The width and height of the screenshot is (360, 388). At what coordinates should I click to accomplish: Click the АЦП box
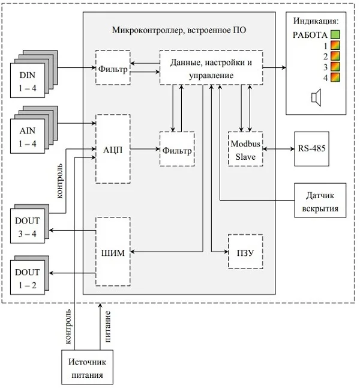(x=113, y=149)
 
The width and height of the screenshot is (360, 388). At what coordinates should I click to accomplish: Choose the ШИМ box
(x=113, y=253)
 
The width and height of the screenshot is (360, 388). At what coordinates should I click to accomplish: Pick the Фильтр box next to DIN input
(x=112, y=68)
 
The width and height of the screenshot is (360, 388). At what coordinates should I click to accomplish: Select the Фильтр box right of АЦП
(x=176, y=150)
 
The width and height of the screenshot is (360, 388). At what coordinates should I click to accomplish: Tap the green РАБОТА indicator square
(x=336, y=35)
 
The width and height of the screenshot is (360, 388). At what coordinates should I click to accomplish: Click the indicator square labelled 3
(x=336, y=67)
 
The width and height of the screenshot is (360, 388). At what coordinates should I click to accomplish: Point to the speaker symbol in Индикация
(x=316, y=97)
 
